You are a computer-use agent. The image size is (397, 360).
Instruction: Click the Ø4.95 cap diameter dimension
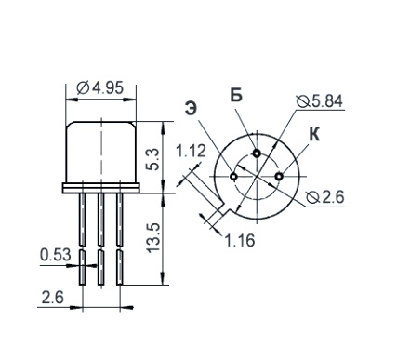coord(99,88)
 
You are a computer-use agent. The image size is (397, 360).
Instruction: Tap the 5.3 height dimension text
coord(152,159)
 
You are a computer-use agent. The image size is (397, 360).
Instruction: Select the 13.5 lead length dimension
coord(153,238)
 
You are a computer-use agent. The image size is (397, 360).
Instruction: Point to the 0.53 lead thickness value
coord(56,255)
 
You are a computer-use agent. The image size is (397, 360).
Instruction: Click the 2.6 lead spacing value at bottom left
coord(52,298)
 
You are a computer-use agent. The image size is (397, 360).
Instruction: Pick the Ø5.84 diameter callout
coord(320,101)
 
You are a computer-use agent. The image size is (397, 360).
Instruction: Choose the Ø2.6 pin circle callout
coord(324,197)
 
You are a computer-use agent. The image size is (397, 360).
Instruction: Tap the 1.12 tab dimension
coord(191,151)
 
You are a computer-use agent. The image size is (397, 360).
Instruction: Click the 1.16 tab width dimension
coord(239,240)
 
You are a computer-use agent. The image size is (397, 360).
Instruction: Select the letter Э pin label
coord(191,109)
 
